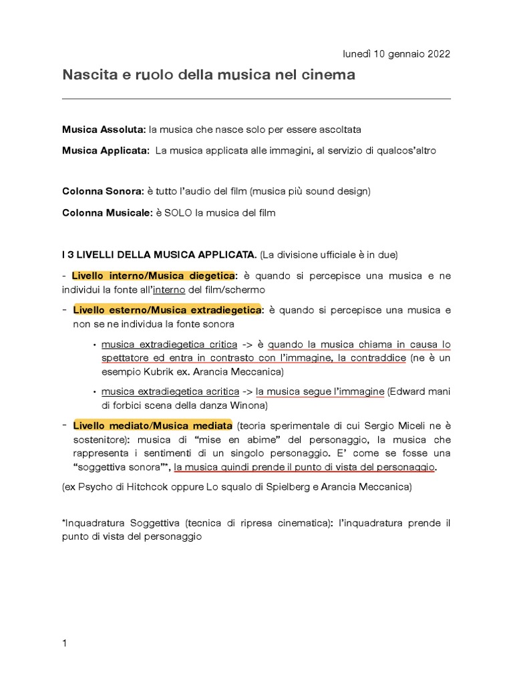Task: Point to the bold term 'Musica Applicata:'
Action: coord(106,151)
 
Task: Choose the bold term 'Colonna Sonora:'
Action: coord(103,191)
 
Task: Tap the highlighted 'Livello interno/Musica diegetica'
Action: coord(153,276)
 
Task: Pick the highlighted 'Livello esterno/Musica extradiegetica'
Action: coord(167,310)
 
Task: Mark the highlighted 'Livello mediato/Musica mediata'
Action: coord(152,425)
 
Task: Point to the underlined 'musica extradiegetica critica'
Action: coord(169,345)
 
